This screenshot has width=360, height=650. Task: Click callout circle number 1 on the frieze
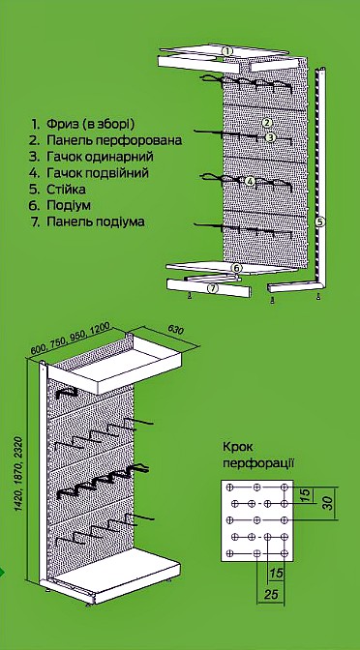point(226,51)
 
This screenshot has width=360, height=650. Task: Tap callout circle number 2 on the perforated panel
point(267,122)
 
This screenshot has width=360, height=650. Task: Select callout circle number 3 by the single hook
point(270,137)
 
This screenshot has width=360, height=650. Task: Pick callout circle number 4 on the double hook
point(250,181)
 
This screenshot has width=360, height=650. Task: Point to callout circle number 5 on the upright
point(319,222)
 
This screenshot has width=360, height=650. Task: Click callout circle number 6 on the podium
point(236,268)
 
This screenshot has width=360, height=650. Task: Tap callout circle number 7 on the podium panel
point(212,288)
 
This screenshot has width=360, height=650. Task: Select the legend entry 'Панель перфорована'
point(114,140)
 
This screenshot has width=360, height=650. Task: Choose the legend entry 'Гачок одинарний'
point(100,157)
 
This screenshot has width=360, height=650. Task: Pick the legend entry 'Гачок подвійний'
point(98,172)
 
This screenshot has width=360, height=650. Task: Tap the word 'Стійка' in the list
point(66,189)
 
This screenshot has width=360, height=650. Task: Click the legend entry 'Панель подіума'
point(96,222)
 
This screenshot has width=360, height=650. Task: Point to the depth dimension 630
point(176,329)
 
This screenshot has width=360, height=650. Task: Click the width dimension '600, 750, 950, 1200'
point(70,339)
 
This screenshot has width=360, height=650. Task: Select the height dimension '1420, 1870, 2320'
point(19,473)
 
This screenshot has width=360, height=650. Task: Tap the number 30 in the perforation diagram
point(328,503)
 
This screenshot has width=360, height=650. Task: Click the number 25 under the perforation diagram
point(271,595)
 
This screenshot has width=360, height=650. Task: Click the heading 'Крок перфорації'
point(258,456)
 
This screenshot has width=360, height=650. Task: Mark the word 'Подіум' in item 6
point(69,205)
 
